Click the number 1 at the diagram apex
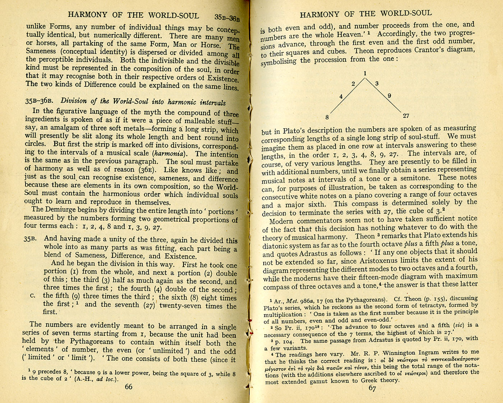coord(365,74)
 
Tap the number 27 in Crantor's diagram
coord(406,116)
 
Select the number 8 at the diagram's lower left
coord(327,117)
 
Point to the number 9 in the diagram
coord(389,96)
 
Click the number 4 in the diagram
coord(341,96)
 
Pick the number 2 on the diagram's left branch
coord(353,84)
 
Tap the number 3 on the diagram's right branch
coord(377,84)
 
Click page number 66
coord(128,386)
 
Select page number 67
coord(372,388)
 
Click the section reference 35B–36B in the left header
coord(227,17)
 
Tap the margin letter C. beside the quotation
coord(33,296)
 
